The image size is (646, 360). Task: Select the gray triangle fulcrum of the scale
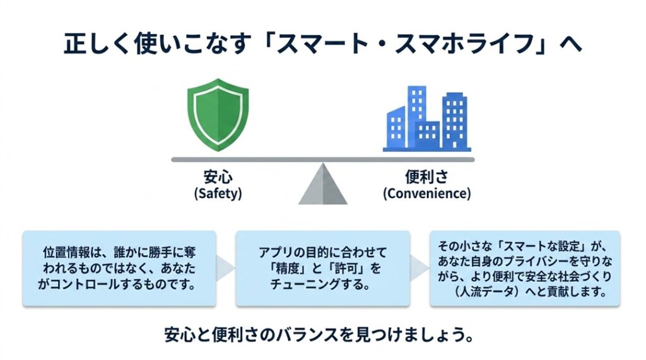(323, 185)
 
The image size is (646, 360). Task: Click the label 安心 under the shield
(218, 177)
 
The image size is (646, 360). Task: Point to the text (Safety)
(218, 194)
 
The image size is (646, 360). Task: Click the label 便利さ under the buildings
(427, 177)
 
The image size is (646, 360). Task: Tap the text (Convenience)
(427, 194)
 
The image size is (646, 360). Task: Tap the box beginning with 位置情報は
(119, 268)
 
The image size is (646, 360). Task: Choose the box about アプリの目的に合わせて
(322, 268)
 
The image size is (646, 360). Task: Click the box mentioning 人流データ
(525, 268)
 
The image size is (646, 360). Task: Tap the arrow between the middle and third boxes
(420, 268)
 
